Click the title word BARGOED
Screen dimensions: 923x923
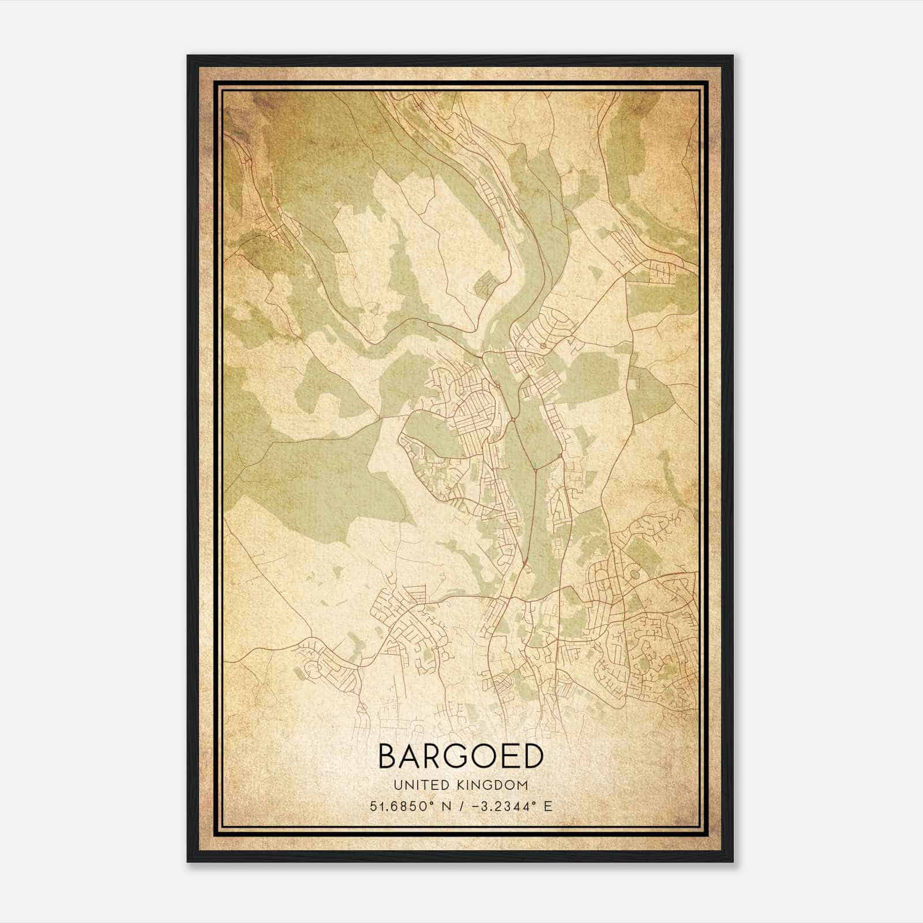click(461, 756)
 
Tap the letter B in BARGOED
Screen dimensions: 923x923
click(388, 756)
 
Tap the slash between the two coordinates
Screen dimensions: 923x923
click(461, 806)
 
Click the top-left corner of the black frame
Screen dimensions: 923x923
click(188, 56)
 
